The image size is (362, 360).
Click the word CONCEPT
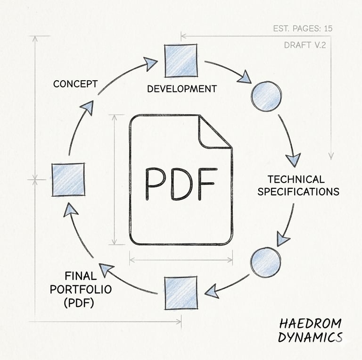75,84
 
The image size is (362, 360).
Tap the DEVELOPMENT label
181,89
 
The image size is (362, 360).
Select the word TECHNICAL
296,179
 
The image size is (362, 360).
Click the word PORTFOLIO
81,289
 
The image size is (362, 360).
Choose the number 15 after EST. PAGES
327,29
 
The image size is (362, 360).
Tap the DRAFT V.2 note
305,45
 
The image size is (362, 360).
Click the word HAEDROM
310,324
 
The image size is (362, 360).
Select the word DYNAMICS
309,337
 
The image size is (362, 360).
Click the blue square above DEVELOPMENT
181,60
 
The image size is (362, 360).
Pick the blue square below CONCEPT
68,179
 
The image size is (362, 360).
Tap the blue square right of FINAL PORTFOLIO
181,293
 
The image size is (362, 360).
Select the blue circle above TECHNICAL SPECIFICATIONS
266,96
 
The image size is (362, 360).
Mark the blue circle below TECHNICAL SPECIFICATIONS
265,262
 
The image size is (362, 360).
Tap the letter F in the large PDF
207,183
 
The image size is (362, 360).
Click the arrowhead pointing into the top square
151,63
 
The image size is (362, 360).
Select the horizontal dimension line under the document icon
181,259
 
